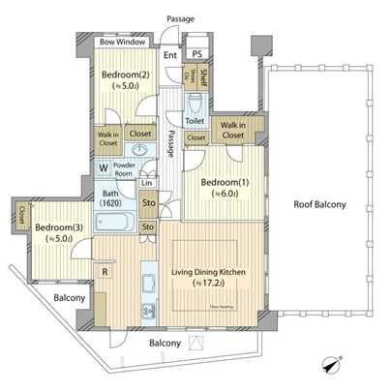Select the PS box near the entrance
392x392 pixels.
point(196,55)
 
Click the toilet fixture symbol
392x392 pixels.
point(194,102)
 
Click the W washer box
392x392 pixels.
point(102,166)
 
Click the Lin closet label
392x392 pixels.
point(147,183)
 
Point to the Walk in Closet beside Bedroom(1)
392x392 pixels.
point(232,130)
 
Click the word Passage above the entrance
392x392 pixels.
point(180,18)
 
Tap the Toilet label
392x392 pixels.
point(195,122)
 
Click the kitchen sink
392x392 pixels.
point(148,283)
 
